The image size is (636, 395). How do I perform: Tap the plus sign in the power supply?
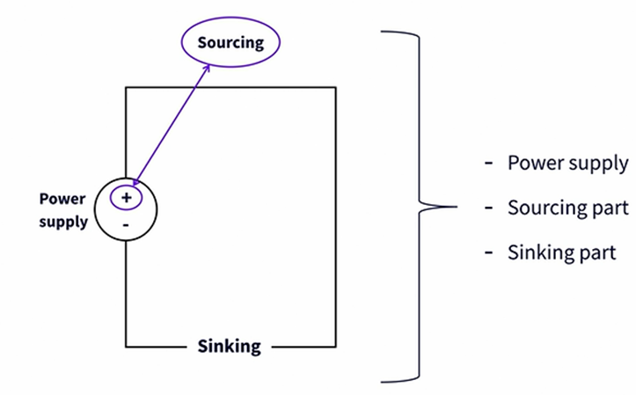click(x=127, y=198)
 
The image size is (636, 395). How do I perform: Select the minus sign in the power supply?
click(x=127, y=224)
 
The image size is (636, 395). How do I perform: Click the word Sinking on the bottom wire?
click(x=228, y=346)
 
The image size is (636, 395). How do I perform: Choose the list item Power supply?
click(x=567, y=164)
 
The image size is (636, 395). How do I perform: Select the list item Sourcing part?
click(x=567, y=208)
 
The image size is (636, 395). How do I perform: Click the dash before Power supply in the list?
click(x=488, y=165)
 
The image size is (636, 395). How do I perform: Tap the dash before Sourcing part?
click(x=488, y=209)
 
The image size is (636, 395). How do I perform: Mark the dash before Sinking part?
click(x=488, y=253)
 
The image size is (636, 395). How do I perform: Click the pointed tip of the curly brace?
click(x=455, y=208)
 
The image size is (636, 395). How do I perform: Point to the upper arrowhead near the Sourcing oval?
click(x=208, y=65)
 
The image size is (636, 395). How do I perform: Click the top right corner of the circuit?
click(x=335, y=87)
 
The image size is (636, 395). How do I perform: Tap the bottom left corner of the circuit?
click(x=127, y=346)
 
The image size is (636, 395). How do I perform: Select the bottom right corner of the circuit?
click(x=335, y=346)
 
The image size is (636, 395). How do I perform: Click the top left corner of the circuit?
click(x=127, y=87)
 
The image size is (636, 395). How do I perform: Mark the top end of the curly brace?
click(x=382, y=32)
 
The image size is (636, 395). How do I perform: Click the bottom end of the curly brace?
click(x=382, y=382)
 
